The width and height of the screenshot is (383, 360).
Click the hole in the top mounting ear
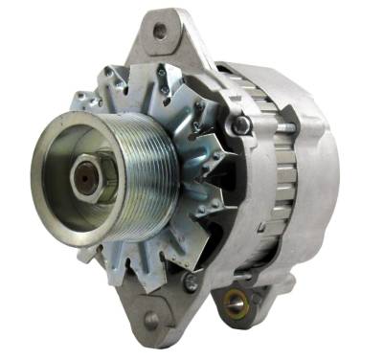point(158,31)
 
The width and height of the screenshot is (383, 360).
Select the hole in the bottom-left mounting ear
point(151,321)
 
